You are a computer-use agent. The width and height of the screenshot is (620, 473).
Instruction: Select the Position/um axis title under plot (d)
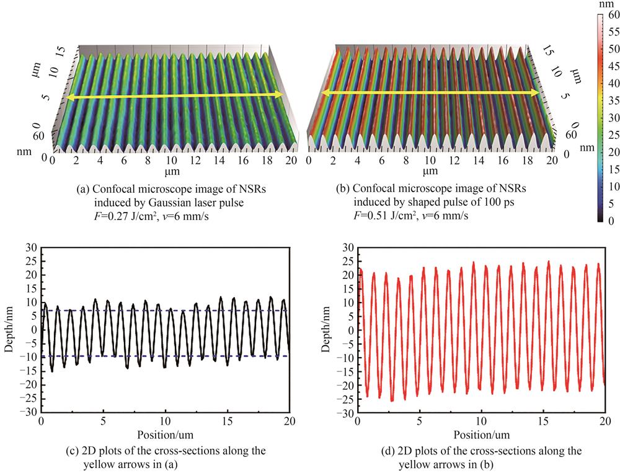click(x=482, y=434)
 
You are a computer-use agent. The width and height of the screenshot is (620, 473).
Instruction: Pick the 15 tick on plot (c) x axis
click(x=227, y=421)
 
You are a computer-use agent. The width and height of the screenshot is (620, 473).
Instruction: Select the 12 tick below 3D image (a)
click(x=195, y=161)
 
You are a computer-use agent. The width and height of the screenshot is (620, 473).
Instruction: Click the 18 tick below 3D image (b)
click(x=523, y=161)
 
